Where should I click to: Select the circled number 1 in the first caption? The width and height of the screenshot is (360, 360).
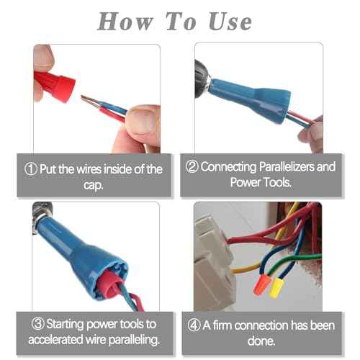click(x=30, y=170)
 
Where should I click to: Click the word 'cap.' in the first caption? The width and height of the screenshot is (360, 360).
click(x=94, y=185)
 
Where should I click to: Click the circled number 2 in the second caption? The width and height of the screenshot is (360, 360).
click(x=192, y=167)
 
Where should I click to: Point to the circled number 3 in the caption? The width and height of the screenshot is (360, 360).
click(x=35, y=323)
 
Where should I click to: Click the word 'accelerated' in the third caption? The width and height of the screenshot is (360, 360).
click(x=60, y=338)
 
